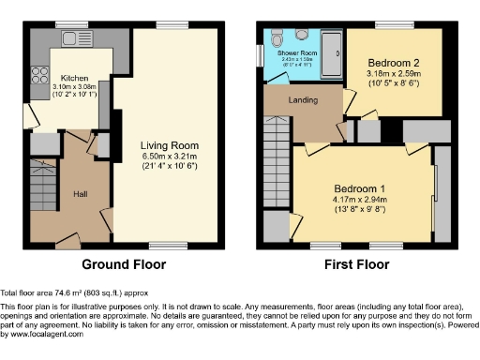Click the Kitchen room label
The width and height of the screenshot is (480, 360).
(75, 79)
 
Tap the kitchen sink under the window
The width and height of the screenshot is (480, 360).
(71, 40)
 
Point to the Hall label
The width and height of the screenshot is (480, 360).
(82, 193)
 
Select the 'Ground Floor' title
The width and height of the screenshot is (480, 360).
(126, 263)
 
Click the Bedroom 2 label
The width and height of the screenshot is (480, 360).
(394, 60)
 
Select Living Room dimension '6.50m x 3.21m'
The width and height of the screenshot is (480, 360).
(169, 157)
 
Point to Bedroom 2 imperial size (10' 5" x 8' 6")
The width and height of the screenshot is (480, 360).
(394, 82)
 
